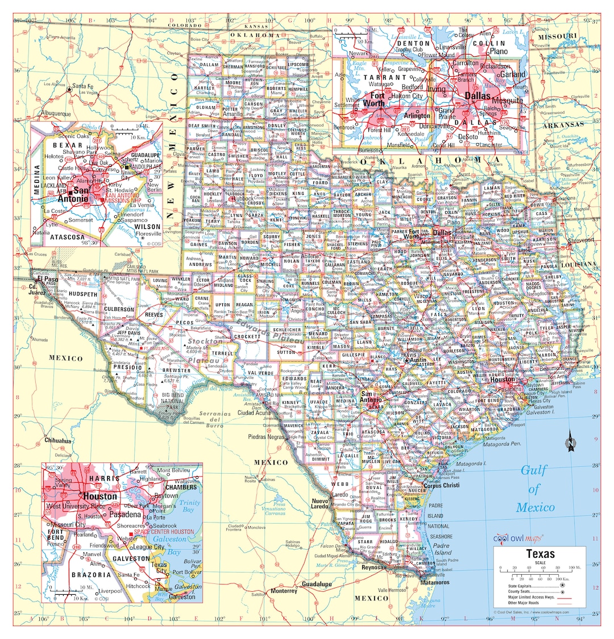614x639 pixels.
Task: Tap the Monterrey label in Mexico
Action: [284, 591]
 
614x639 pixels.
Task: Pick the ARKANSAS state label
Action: [563, 124]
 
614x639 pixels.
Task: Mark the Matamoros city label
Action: [434, 582]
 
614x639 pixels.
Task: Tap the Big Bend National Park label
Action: [173, 400]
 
